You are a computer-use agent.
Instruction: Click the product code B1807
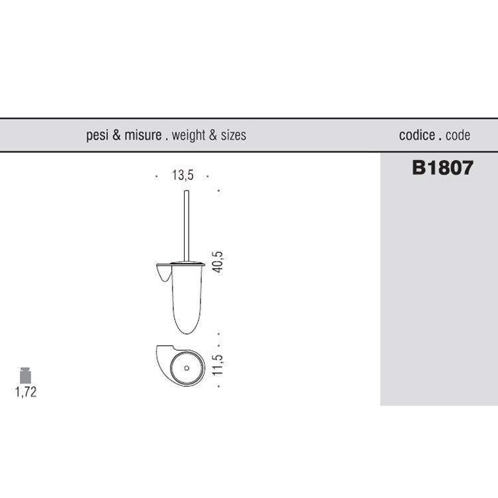(442, 167)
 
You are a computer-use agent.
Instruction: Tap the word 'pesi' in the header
(97, 135)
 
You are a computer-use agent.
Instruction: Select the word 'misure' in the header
(143, 135)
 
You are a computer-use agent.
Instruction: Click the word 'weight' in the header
(189, 135)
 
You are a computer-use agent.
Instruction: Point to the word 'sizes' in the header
(234, 135)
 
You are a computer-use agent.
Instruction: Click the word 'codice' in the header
(417, 135)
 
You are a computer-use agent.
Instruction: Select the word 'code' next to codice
(457, 135)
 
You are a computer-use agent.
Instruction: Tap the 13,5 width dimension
(183, 175)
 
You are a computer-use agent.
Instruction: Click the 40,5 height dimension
(218, 262)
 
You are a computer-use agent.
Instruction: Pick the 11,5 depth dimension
(218, 365)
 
